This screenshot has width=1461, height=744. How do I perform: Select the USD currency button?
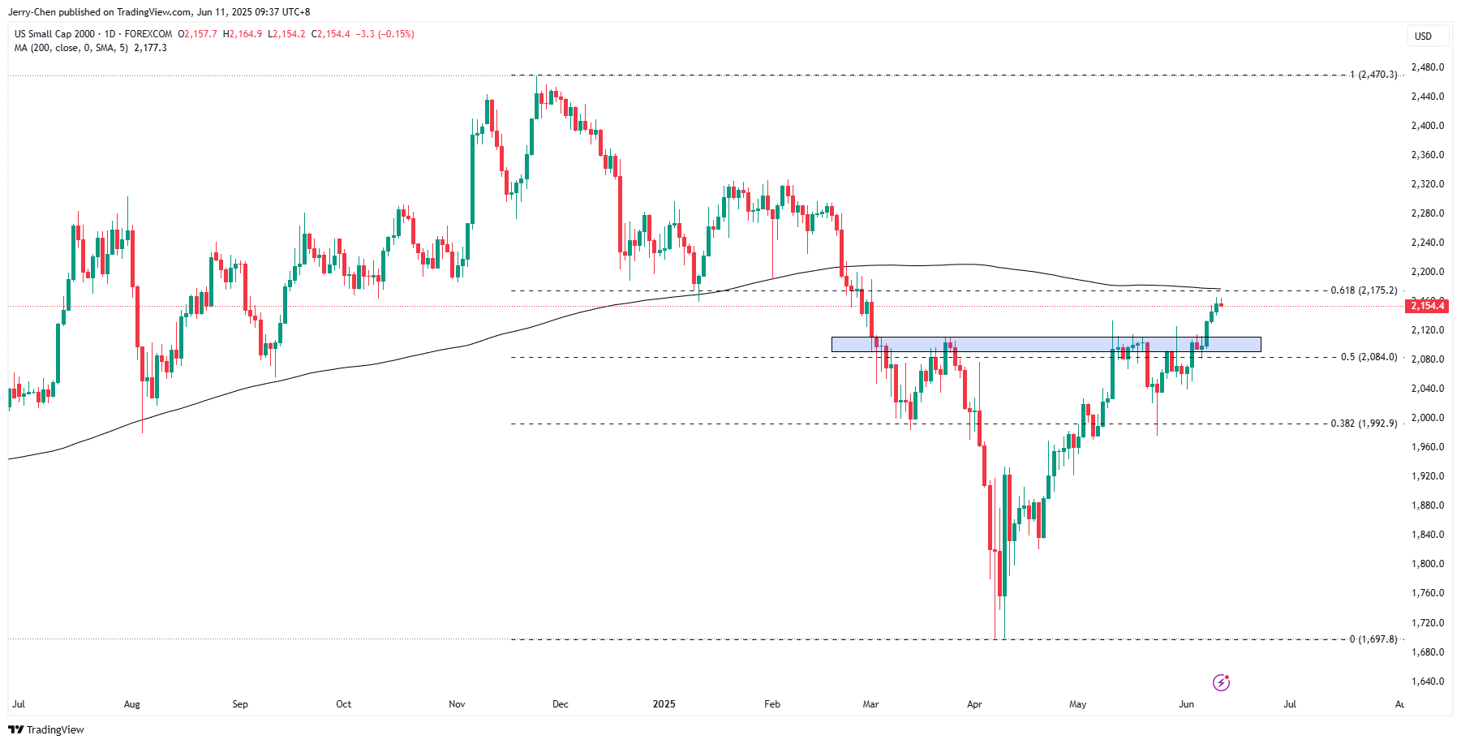pyautogui.click(x=1423, y=37)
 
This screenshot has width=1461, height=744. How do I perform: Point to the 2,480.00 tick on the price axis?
pyautogui.click(x=1428, y=67)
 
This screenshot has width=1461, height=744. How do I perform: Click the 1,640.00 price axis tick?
pyautogui.click(x=1428, y=682)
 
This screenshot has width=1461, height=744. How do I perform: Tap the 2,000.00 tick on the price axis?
pyautogui.click(x=1428, y=418)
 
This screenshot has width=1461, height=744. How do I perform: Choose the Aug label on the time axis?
pyautogui.click(x=131, y=704)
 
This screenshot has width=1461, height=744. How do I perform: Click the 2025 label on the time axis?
pyautogui.click(x=664, y=704)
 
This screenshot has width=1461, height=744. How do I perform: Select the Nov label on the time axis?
pyautogui.click(x=457, y=704)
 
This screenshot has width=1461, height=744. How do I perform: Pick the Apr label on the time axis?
pyautogui.click(x=974, y=704)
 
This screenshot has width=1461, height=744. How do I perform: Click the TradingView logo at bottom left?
pyautogui.click(x=46, y=729)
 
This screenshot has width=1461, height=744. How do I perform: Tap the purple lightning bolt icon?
pyautogui.click(x=1221, y=682)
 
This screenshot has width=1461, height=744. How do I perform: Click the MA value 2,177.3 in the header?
pyautogui.click(x=150, y=48)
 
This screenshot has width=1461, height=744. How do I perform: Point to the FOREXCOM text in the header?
pyautogui.click(x=148, y=34)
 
